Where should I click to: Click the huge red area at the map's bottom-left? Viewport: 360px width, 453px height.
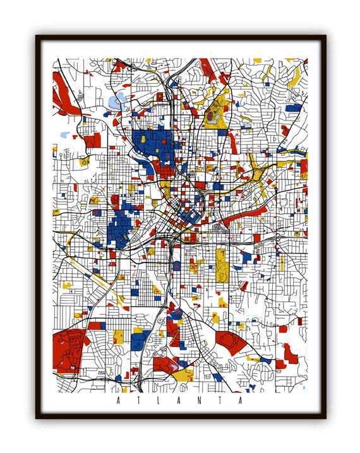point(68,349)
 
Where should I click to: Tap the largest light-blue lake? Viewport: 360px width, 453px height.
point(116,100)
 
